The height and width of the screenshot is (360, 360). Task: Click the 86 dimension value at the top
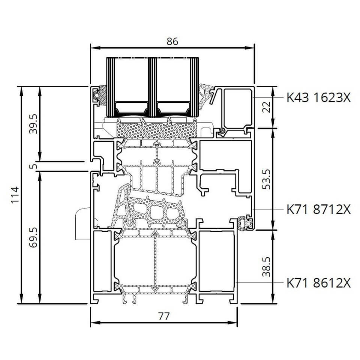point(172,41)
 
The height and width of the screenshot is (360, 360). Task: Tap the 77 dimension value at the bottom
point(164,316)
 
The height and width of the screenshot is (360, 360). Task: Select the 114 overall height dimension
point(15,195)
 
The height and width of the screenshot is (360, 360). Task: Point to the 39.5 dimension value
point(33,124)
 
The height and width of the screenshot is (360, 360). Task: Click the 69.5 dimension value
point(33,237)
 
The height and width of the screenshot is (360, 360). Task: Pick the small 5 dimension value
point(33,166)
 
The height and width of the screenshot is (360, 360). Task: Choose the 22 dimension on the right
point(267,107)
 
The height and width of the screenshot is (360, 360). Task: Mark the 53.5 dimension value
point(267,180)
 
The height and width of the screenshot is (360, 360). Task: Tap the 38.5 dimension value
point(267,267)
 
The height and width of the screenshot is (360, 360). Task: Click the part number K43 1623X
point(319,97)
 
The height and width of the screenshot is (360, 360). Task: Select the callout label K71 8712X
point(319,209)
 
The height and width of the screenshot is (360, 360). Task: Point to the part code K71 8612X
point(319,283)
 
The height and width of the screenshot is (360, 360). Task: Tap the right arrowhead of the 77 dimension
point(232,322)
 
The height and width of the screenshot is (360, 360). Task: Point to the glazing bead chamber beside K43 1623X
point(238,108)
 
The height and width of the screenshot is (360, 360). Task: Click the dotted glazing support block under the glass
point(157,128)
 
